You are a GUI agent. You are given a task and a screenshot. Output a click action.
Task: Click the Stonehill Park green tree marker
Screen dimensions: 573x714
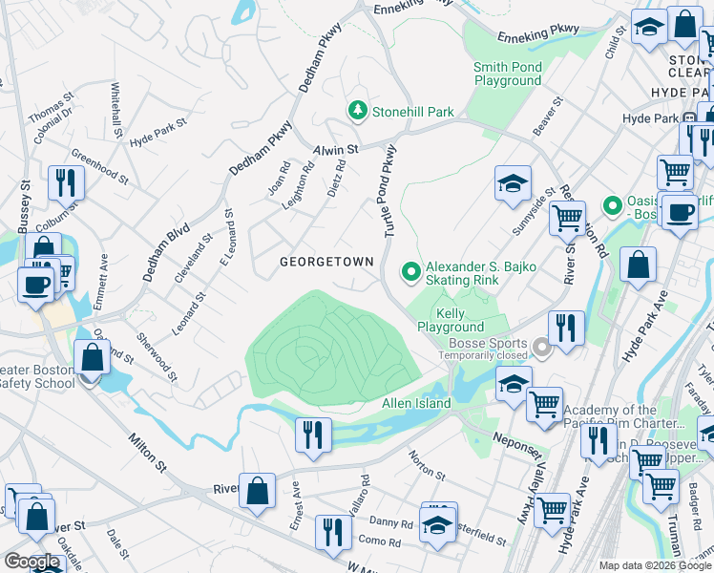pyautogui.click(x=358, y=112)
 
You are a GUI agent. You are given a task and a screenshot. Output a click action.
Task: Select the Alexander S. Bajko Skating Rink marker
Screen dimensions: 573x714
pyautogui.click(x=411, y=273)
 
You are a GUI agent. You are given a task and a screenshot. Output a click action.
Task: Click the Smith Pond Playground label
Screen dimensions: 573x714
pyautogui.click(x=508, y=74)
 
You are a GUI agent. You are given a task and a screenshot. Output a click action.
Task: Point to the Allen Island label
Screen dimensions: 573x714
pyautogui.click(x=415, y=405)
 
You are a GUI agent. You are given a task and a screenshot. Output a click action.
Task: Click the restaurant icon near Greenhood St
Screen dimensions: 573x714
pyautogui.click(x=66, y=181)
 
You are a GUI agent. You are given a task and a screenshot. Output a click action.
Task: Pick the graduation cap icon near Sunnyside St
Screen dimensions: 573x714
pyautogui.click(x=513, y=181)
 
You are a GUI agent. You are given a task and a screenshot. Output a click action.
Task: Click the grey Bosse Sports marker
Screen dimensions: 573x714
pyautogui.click(x=542, y=349)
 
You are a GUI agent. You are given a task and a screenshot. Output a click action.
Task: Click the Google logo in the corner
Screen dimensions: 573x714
pyautogui.click(x=31, y=562)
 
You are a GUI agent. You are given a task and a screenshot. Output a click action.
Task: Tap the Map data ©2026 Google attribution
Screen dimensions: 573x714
pyautogui.click(x=654, y=565)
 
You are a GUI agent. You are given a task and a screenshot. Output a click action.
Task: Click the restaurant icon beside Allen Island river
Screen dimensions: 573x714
pyautogui.click(x=312, y=435)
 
